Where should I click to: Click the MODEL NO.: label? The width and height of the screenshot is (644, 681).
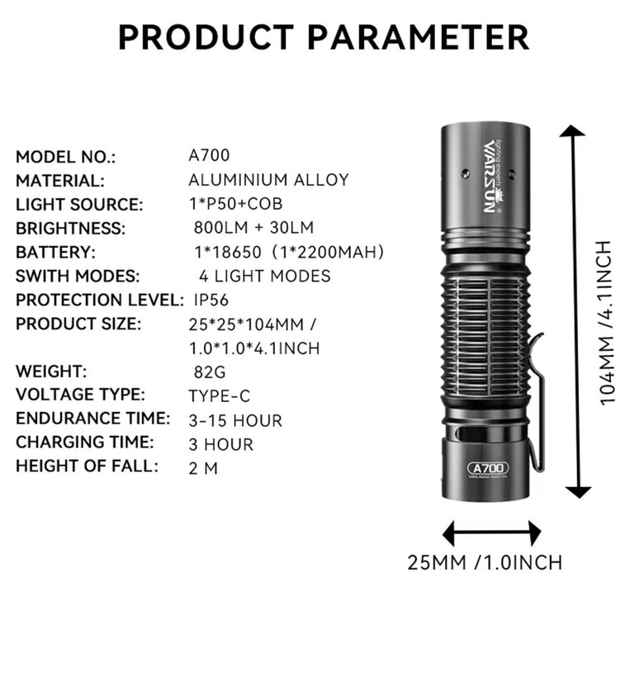[x=66, y=157]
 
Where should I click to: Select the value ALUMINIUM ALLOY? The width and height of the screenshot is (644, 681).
[x=268, y=180]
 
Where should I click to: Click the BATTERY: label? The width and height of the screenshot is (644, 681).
[x=56, y=252]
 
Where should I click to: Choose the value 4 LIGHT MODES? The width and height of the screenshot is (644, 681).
[x=264, y=276]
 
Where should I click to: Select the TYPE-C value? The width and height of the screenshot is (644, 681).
[x=220, y=396]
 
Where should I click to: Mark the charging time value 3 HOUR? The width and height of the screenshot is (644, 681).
[x=220, y=444]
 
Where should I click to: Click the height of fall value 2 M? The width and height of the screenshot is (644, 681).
[x=203, y=467]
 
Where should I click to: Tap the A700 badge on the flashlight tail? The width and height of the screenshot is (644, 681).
[x=487, y=468]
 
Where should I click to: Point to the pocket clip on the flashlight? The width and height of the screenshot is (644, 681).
[x=536, y=404]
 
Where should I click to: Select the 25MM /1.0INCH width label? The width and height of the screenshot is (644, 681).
[x=485, y=563]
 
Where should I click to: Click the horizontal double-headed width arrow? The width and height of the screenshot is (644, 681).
[x=491, y=532]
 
